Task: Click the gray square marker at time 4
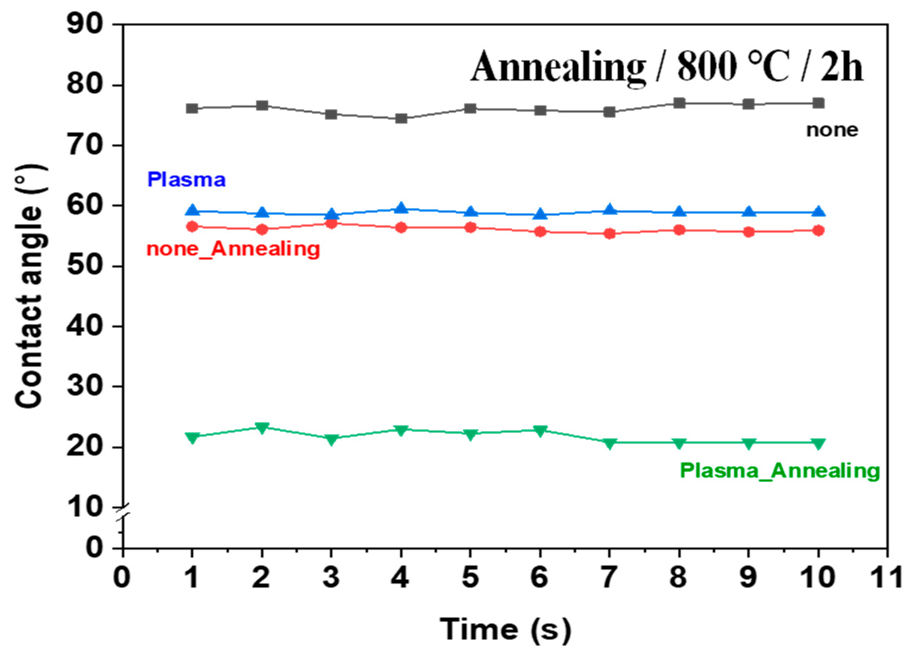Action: coord(401,119)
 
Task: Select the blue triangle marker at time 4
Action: coord(401,208)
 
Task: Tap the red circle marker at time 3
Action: coord(331,223)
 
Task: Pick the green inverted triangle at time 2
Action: coord(262,427)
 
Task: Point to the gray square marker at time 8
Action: coord(679,103)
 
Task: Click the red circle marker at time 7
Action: coord(610,233)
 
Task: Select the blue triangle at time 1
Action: coord(193,210)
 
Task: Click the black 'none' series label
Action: coord(832,130)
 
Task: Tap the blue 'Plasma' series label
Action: coord(186,180)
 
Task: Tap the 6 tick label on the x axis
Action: coord(539,577)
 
